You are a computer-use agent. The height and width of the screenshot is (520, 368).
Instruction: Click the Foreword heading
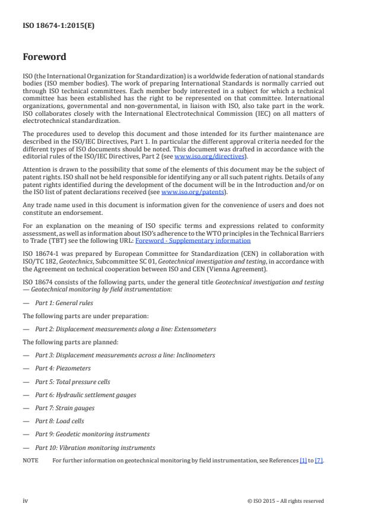[44, 58]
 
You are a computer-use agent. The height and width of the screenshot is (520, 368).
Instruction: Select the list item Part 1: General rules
[64, 303]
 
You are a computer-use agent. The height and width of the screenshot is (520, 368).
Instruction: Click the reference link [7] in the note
[319, 461]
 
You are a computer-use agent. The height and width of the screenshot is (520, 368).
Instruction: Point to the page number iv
[26, 500]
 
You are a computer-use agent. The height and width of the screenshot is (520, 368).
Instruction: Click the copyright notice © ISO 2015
[285, 501]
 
